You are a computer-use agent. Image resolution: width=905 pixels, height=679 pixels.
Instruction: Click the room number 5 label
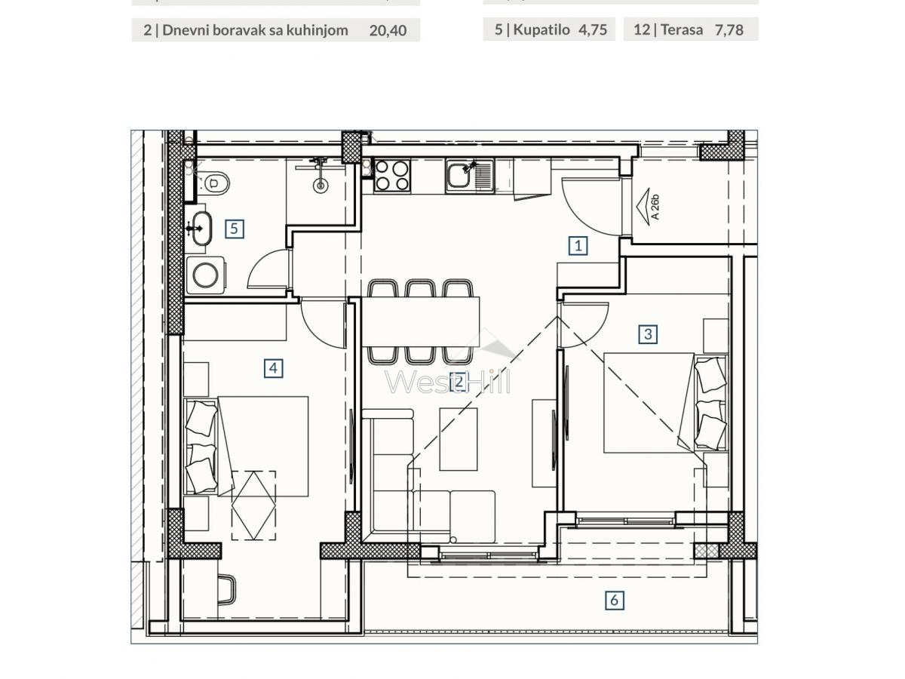pos(235,228)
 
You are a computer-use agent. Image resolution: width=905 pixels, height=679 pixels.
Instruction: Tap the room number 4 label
pos(273,368)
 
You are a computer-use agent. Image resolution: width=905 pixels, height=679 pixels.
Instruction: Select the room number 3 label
pos(648,333)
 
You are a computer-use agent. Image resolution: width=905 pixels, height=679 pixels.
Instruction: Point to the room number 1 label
pos(578,245)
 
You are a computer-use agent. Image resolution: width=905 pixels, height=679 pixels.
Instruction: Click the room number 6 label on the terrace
pos(615,601)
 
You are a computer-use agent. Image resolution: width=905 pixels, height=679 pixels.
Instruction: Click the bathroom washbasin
pos(200,227)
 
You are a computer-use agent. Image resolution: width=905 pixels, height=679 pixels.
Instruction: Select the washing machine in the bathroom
pos(204,275)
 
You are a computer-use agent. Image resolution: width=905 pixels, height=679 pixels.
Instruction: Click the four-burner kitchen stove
pos(391,175)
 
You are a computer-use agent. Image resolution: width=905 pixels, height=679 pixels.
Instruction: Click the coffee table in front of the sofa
pos(459,439)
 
